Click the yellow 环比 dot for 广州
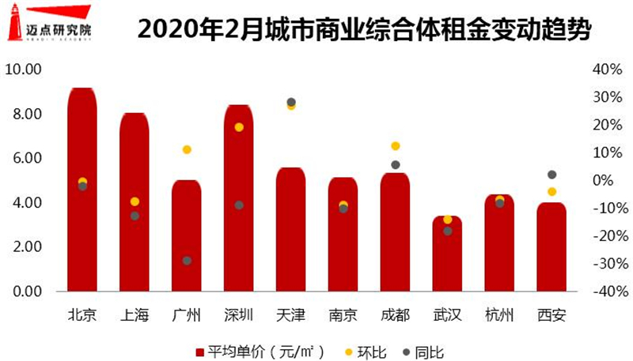pos(187,149)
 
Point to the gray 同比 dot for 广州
pos(187,261)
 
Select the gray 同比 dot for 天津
pos(291,102)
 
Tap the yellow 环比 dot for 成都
pos(396,146)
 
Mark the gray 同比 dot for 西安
pos(552,175)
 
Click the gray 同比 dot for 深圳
pos(239,205)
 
